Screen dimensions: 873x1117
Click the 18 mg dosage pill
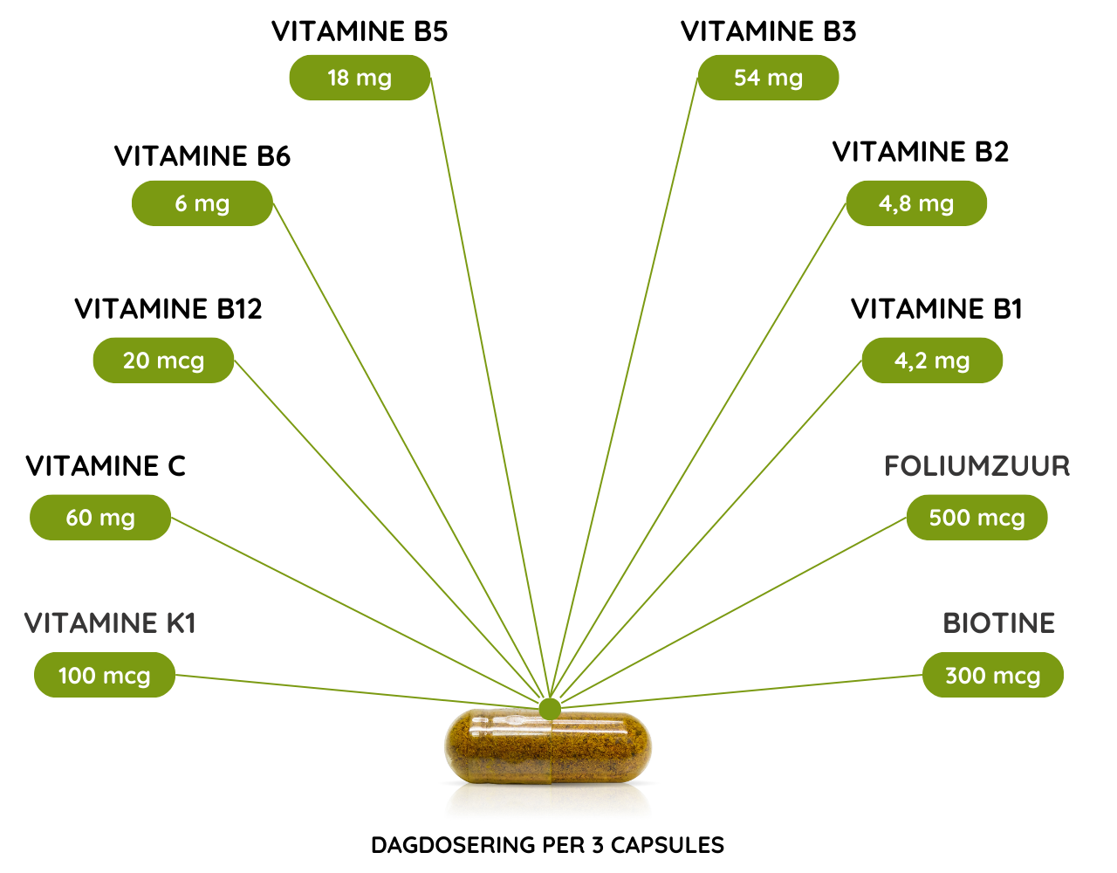(x=360, y=78)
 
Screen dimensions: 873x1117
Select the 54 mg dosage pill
(x=768, y=78)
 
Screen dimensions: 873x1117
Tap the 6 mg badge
(x=202, y=203)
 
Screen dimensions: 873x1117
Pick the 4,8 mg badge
(x=916, y=203)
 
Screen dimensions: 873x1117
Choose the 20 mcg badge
(x=163, y=361)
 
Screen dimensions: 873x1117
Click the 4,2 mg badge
(x=932, y=361)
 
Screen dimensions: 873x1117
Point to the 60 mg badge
(x=100, y=518)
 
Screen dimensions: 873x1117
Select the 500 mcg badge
(x=977, y=518)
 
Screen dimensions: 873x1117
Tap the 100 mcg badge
(x=105, y=675)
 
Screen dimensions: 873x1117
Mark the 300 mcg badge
(x=993, y=675)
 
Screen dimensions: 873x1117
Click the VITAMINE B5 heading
(x=360, y=32)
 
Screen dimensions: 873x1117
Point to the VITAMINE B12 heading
(x=168, y=309)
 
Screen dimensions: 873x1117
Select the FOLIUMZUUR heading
(x=977, y=466)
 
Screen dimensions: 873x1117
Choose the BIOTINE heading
(x=999, y=623)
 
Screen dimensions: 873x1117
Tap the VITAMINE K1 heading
(x=110, y=623)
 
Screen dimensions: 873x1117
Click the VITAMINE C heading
(x=106, y=466)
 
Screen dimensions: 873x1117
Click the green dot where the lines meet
(x=550, y=708)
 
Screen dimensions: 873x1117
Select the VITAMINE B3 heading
(x=768, y=32)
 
